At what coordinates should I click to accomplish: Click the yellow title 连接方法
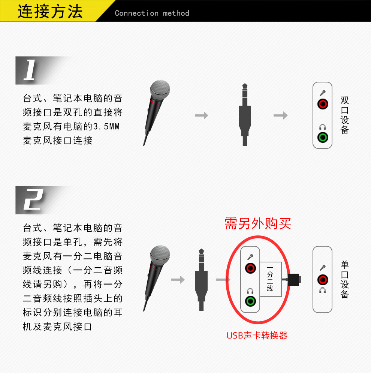50,11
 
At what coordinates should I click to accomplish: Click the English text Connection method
152,13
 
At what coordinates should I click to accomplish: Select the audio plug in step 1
245,114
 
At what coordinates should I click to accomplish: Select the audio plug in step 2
201,280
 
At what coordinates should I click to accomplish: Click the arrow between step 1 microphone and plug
202,115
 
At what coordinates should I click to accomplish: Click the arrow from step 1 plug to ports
281,115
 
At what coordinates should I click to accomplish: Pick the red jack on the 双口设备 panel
323,104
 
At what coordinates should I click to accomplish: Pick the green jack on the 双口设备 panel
323,137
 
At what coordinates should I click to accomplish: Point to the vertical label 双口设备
345,115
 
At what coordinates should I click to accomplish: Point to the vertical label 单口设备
345,280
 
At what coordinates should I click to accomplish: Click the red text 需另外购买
258,223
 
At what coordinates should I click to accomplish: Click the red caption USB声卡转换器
257,336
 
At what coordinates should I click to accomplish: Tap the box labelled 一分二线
271,279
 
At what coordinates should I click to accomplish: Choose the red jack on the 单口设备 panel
323,280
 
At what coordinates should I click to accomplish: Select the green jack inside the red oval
250,301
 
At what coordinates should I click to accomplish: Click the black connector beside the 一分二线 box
295,280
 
